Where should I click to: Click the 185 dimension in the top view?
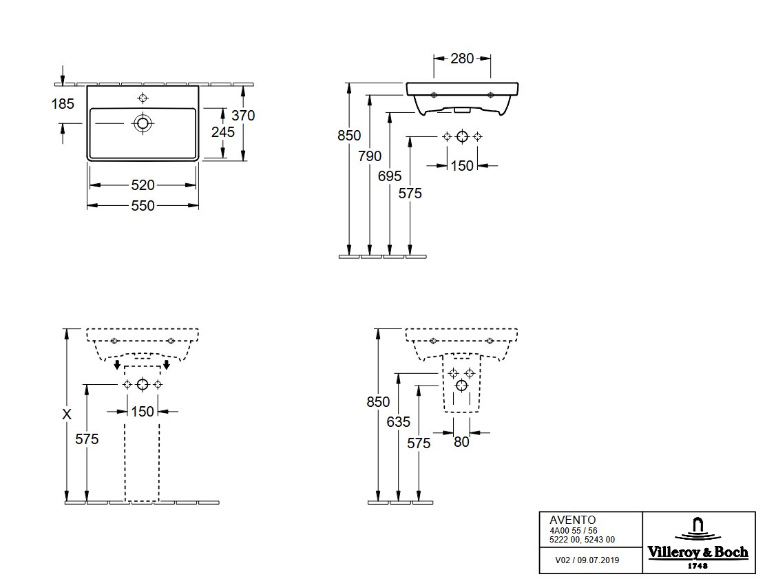[x=63, y=104]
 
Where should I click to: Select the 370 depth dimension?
[x=243, y=116]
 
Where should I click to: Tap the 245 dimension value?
[x=223, y=132]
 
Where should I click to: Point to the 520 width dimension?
[x=143, y=185]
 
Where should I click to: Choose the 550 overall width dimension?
[x=143, y=206]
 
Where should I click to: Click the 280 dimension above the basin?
[x=462, y=59]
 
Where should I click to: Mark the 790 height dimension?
[x=370, y=156]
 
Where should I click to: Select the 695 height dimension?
[x=390, y=176]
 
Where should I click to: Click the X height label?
[x=67, y=414]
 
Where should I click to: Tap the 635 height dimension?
[x=399, y=422]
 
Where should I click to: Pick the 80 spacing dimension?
[x=461, y=442]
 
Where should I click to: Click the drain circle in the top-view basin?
[x=143, y=123]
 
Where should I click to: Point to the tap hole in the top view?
[x=143, y=98]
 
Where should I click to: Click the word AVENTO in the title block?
[x=573, y=520]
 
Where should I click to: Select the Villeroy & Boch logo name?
[x=698, y=552]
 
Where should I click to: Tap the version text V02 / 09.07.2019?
[x=587, y=560]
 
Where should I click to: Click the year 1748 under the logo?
[x=698, y=566]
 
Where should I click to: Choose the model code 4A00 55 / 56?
[x=574, y=531]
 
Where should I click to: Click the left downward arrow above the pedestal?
[x=117, y=365]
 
